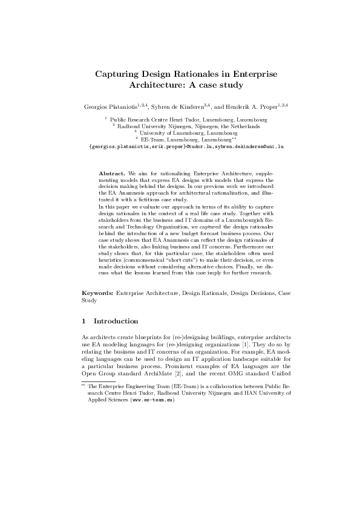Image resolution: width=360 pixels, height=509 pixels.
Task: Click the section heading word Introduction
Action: click(x=116, y=321)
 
